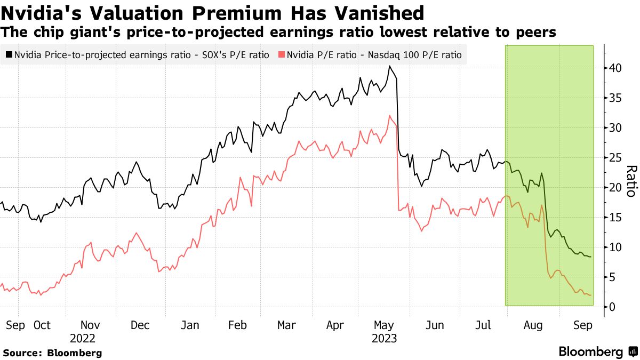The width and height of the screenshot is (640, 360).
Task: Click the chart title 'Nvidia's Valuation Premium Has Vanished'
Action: point(213,13)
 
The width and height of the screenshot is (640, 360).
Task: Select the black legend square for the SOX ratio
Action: point(9,54)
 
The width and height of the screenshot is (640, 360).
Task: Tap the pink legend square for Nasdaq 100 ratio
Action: point(282,54)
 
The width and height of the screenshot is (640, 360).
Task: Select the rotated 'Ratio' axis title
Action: point(631,181)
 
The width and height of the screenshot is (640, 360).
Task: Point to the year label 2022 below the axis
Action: point(83,339)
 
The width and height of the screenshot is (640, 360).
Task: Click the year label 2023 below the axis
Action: point(385,339)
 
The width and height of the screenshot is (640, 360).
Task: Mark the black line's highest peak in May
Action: point(390,66)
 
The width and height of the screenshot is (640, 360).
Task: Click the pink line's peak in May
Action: point(390,116)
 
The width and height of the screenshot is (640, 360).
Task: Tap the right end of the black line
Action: point(590,257)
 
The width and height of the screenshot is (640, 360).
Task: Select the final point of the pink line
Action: point(590,295)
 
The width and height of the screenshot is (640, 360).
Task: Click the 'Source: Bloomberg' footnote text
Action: point(52,353)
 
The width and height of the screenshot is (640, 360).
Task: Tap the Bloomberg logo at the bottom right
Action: point(597,351)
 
